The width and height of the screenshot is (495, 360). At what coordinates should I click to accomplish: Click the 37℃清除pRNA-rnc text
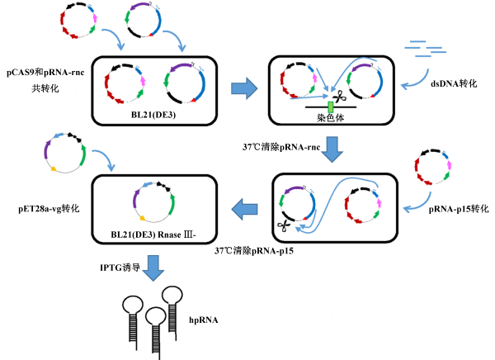click(x=282, y=147)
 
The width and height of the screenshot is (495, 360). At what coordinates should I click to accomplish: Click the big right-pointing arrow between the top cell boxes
click(x=241, y=88)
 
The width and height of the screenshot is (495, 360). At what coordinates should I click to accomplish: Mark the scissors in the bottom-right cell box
click(x=284, y=223)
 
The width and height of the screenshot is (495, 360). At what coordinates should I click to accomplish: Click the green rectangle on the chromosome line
click(x=330, y=107)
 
